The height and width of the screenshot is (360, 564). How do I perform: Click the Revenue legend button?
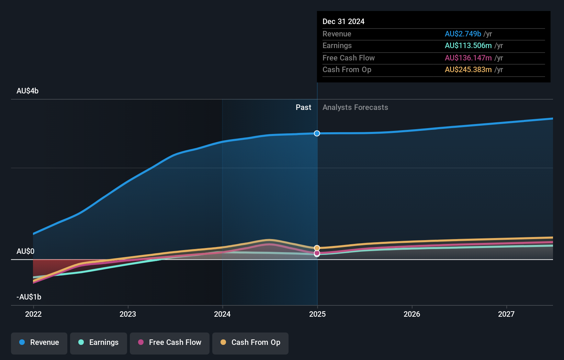[x=39, y=342]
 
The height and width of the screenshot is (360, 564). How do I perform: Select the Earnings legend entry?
[x=99, y=342]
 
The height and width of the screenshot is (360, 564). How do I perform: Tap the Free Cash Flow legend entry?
[x=170, y=342]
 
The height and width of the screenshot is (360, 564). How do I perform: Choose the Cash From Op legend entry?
[x=250, y=342]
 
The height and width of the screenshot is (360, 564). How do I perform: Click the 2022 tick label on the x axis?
[x=33, y=314]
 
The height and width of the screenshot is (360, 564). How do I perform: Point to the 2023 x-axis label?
[x=128, y=314]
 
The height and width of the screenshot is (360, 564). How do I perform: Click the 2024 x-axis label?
[x=222, y=314]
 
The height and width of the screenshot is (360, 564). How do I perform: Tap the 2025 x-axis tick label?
[x=317, y=314]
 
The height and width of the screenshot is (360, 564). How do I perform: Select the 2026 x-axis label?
[x=412, y=314]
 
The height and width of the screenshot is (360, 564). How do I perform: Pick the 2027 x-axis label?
[x=506, y=314]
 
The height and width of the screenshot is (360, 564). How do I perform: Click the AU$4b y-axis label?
[x=27, y=91]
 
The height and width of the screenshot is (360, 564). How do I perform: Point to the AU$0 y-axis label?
[x=25, y=251]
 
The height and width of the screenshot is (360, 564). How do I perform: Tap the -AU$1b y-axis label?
[x=29, y=297]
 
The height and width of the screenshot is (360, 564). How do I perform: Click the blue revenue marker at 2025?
[x=317, y=133]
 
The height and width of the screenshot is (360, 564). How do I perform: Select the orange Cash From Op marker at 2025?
[x=317, y=248]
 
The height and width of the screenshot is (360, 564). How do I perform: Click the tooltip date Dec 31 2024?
[x=343, y=21]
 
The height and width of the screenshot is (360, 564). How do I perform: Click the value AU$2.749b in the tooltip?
[x=463, y=34]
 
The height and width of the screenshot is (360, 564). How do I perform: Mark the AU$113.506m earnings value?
[x=468, y=46]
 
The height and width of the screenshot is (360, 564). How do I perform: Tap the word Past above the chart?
[x=303, y=108]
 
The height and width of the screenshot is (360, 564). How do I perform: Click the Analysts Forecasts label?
[x=355, y=108]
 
